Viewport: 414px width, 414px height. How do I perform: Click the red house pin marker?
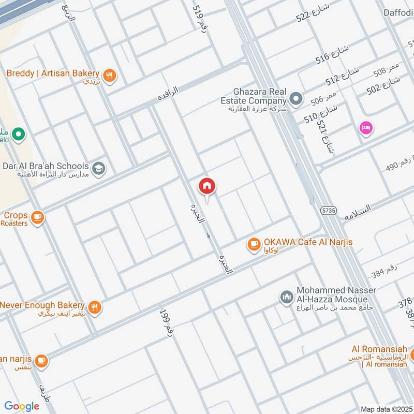pos(207,186)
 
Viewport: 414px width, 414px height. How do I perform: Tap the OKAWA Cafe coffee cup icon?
pos(254,243)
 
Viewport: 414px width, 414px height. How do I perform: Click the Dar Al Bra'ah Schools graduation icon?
pos(98,167)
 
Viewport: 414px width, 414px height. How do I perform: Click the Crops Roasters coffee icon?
pos(37,217)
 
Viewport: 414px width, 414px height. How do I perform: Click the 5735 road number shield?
pos(328,211)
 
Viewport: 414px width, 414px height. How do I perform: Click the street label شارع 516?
pos(332,54)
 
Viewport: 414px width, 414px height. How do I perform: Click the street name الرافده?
pos(168,93)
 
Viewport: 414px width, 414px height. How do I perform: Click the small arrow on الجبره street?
pos(208,236)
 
